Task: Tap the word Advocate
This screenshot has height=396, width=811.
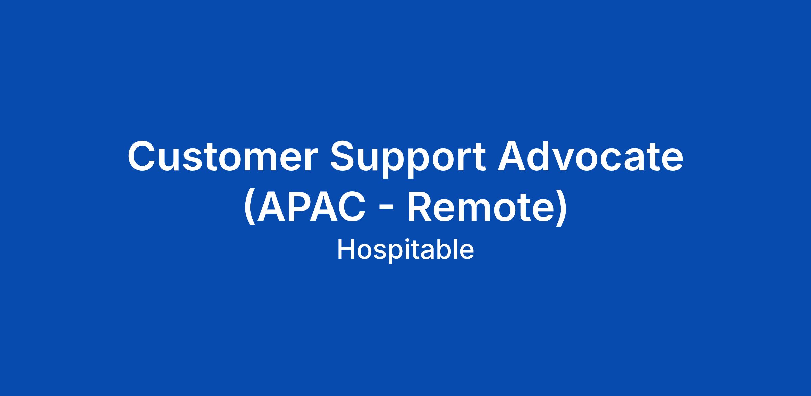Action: coord(590,156)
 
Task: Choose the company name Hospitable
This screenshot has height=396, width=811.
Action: coord(405,250)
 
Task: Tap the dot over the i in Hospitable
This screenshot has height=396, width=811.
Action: coord(396,241)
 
